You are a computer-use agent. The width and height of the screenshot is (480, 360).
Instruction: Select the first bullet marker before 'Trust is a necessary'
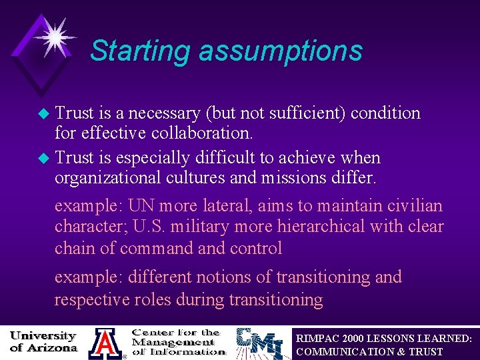tap(45, 113)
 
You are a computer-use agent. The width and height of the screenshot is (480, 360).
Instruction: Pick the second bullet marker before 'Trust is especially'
tap(45, 159)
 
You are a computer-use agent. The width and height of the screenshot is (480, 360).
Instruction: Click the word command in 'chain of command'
tap(157, 248)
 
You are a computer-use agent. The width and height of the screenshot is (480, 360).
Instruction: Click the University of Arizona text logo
tap(43, 341)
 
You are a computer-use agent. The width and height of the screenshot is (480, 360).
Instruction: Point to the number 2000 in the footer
tap(353, 338)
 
